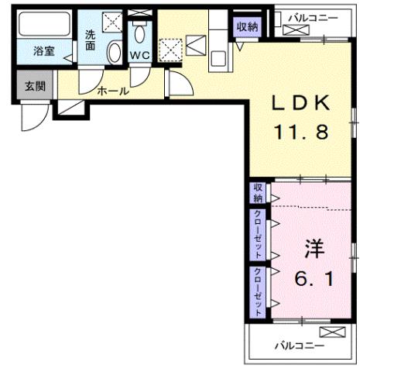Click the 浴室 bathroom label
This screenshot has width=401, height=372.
43,53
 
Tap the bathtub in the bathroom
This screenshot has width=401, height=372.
44,28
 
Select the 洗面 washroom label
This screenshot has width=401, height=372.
91,40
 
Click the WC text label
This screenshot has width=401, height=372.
139,56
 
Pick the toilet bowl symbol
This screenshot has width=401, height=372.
140,32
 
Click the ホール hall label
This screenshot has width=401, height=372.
112,91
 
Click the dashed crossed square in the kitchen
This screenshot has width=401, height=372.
170,50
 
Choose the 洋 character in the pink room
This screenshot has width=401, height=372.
314,250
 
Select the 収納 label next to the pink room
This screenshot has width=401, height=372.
257,192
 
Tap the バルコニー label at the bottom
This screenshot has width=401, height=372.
298,346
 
